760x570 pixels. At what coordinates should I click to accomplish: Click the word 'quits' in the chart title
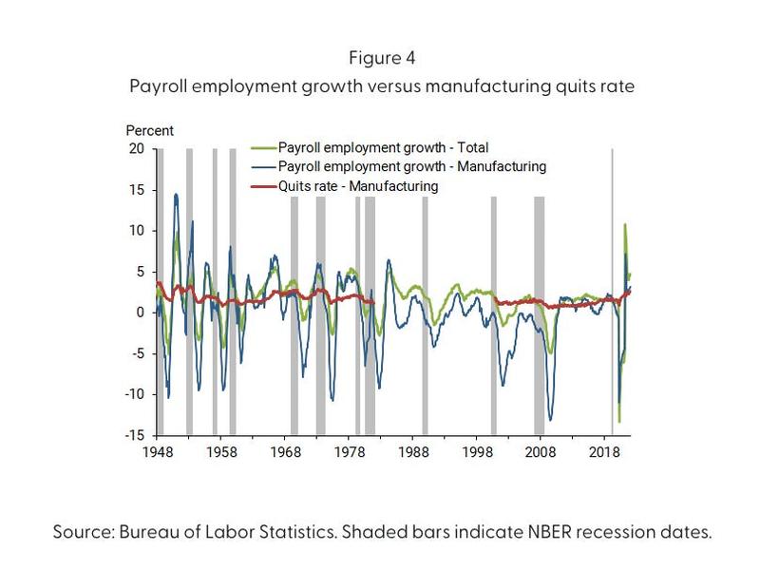(569, 86)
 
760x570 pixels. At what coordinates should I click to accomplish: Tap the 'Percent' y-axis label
(149, 131)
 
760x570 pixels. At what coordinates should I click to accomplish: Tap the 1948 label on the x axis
(157, 453)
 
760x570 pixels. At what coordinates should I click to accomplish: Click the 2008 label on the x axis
(542, 453)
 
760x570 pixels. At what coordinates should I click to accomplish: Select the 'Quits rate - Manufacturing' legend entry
(351, 186)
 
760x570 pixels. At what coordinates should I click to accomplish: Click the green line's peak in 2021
(624, 224)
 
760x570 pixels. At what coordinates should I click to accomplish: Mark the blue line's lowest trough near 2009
(551, 420)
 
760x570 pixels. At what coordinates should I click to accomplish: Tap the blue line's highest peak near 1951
(176, 194)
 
